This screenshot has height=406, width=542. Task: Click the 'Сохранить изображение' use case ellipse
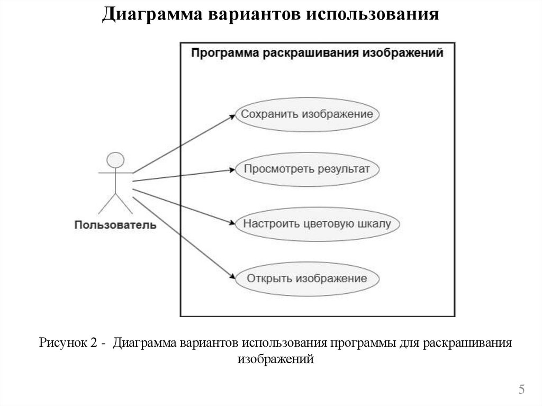(x=308, y=114)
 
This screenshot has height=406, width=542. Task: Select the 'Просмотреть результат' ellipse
(x=308, y=169)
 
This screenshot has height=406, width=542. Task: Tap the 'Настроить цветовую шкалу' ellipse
(x=317, y=223)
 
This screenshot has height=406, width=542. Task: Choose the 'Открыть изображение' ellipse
(x=308, y=278)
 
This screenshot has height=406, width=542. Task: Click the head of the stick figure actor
(x=114, y=160)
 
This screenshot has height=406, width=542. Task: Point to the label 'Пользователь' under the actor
(x=115, y=225)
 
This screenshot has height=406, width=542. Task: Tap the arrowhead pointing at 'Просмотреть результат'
(x=231, y=170)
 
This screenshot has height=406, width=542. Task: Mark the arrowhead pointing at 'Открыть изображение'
(x=231, y=277)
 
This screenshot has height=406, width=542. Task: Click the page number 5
(x=521, y=390)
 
